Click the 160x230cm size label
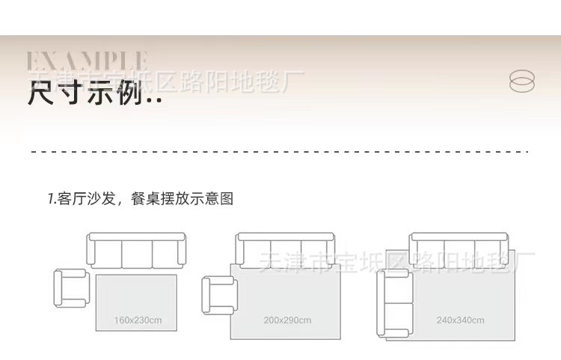point(138,320)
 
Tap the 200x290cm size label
point(287,320)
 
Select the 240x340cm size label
point(460,320)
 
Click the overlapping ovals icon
point(521,81)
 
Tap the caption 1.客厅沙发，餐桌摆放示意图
point(141,199)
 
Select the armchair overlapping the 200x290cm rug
point(218,294)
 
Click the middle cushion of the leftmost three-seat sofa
point(136,253)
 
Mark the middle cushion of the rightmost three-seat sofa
point(460,253)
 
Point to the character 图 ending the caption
point(227,199)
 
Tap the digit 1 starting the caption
point(50,199)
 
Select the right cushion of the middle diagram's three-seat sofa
point(316,253)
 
